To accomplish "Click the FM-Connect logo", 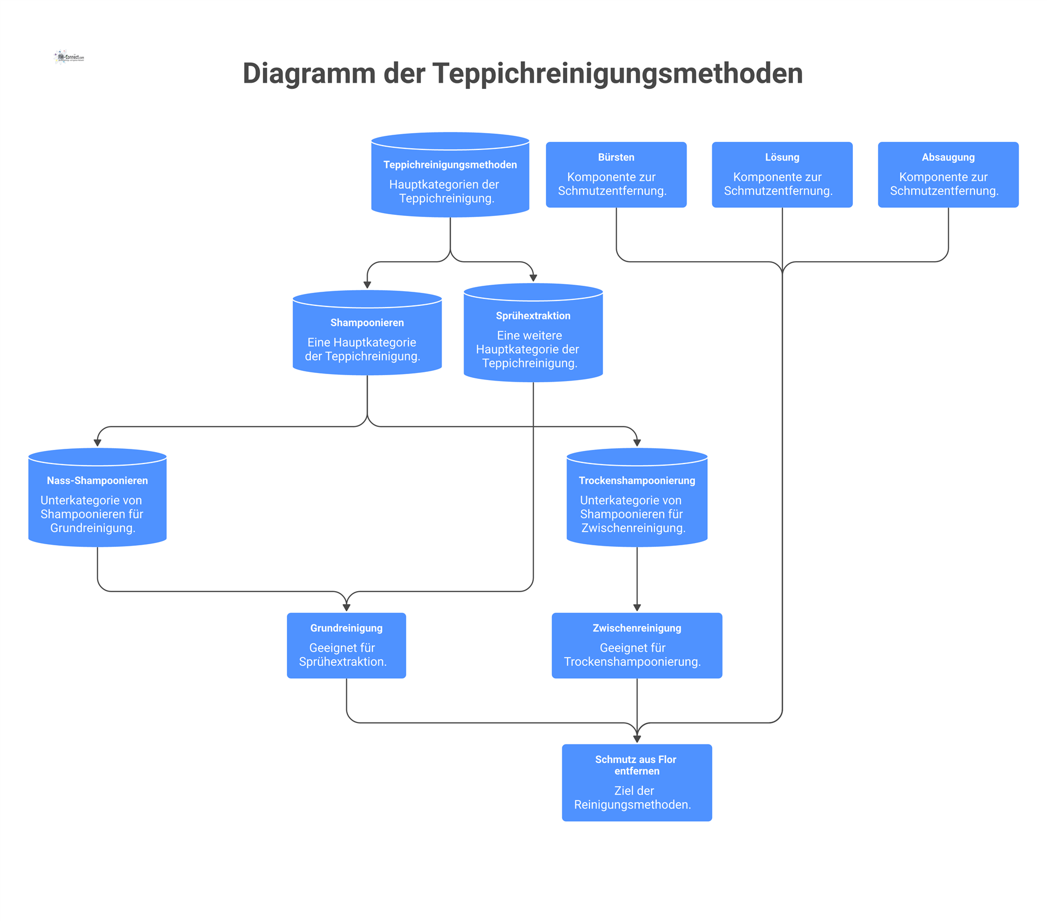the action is [69, 57].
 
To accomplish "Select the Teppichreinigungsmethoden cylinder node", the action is [450, 174].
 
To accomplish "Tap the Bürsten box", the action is [616, 174].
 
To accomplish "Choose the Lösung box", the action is [782, 174].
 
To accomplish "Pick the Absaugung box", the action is [948, 174].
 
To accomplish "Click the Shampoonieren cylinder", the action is [367, 333].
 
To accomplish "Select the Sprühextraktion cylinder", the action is [533, 333].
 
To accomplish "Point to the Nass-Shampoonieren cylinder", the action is [97, 497].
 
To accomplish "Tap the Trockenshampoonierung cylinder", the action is [637, 497].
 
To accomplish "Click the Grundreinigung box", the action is [346, 646].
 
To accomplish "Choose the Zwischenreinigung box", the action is [637, 646].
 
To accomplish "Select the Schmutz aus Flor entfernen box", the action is [637, 782].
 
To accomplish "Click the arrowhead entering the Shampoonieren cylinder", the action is [367, 285].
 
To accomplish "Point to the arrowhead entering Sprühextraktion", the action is [533, 278].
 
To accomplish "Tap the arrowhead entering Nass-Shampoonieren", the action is [97, 443].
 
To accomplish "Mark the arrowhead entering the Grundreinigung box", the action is [346, 607].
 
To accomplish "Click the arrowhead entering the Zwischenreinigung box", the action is [637, 607].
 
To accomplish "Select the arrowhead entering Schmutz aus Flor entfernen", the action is [637, 739].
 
